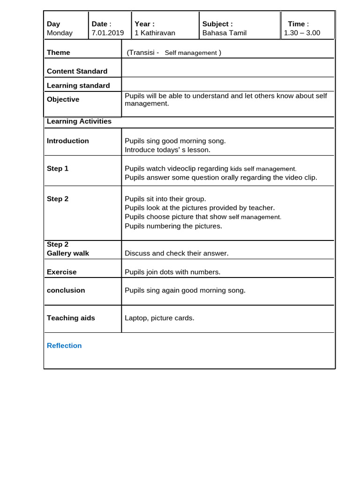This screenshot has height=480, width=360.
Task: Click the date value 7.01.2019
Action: coord(108,33)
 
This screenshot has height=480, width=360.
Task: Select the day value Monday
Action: coord(60,33)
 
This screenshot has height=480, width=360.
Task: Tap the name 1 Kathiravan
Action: coord(155,33)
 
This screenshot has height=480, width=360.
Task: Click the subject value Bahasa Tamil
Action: coord(224,33)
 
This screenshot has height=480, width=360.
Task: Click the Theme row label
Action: coord(59,52)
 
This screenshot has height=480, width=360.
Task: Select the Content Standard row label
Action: coord(77,71)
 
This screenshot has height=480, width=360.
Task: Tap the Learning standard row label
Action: coord(78,85)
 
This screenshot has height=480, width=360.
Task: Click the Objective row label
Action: coord(63,99)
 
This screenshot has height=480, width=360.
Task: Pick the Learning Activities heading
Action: coord(79,121)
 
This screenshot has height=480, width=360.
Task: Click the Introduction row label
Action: coord(67,141)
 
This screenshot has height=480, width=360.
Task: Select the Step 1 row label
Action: coord(58,168)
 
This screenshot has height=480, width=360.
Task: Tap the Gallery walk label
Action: coord(67,253)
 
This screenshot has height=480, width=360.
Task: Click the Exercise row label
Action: coord(61,272)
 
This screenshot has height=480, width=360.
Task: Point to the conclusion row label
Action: coord(66,290)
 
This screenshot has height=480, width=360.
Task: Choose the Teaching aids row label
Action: coord(71,318)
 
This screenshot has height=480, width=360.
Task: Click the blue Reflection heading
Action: coord(64,345)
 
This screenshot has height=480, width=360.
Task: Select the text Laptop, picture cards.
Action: coord(159,318)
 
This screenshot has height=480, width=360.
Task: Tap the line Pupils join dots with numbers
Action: coord(172,272)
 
